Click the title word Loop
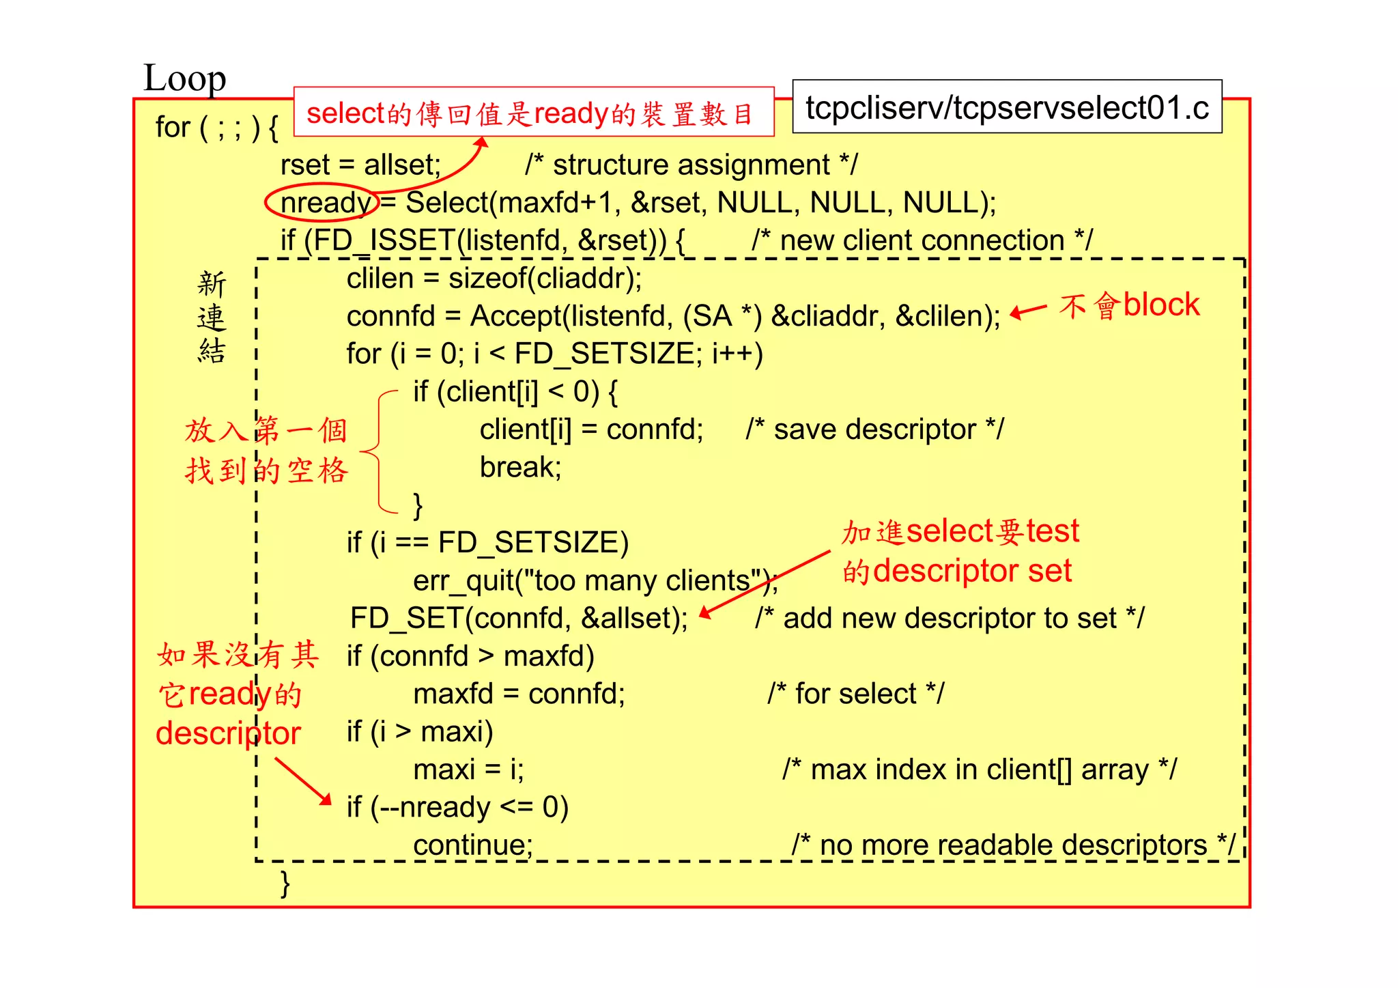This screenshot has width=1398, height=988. (184, 79)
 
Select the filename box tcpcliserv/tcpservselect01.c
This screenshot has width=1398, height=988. (1007, 107)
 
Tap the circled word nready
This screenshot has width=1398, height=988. (325, 203)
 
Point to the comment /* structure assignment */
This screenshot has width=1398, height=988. (691, 165)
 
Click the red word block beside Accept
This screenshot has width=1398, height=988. (1161, 305)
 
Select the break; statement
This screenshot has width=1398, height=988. (520, 467)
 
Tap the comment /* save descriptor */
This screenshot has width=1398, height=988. (874, 429)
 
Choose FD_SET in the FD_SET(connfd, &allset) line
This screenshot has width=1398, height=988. (407, 618)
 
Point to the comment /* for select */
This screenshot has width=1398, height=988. (855, 694)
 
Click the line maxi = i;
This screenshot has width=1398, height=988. (468, 770)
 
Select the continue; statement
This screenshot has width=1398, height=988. (472, 845)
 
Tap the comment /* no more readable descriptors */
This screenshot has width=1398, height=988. (1013, 845)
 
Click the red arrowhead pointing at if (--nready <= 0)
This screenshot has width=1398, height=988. (325, 799)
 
